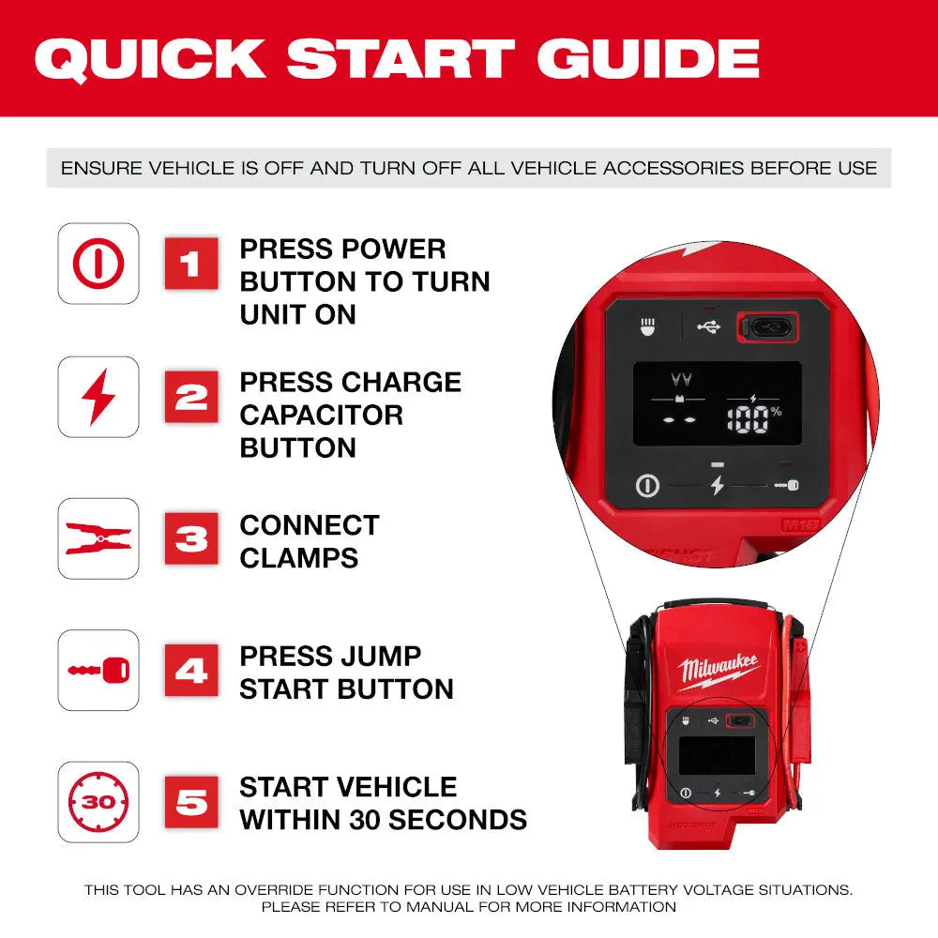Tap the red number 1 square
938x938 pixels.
click(x=191, y=264)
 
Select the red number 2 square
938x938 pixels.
click(x=191, y=397)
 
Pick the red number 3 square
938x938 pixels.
click(x=191, y=538)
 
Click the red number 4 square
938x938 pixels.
click(x=191, y=670)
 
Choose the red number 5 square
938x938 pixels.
click(x=191, y=802)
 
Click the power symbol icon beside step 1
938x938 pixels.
click(x=98, y=264)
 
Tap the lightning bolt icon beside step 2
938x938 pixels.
click(x=98, y=397)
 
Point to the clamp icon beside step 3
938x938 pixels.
click(x=98, y=538)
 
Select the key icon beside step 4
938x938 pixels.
click(x=98, y=670)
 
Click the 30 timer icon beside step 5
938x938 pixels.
click(x=98, y=802)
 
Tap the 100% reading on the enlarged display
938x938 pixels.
click(x=756, y=417)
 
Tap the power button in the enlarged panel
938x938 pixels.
click(x=647, y=486)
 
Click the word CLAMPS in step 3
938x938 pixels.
click(x=298, y=557)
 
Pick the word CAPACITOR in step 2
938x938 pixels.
click(x=321, y=415)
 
